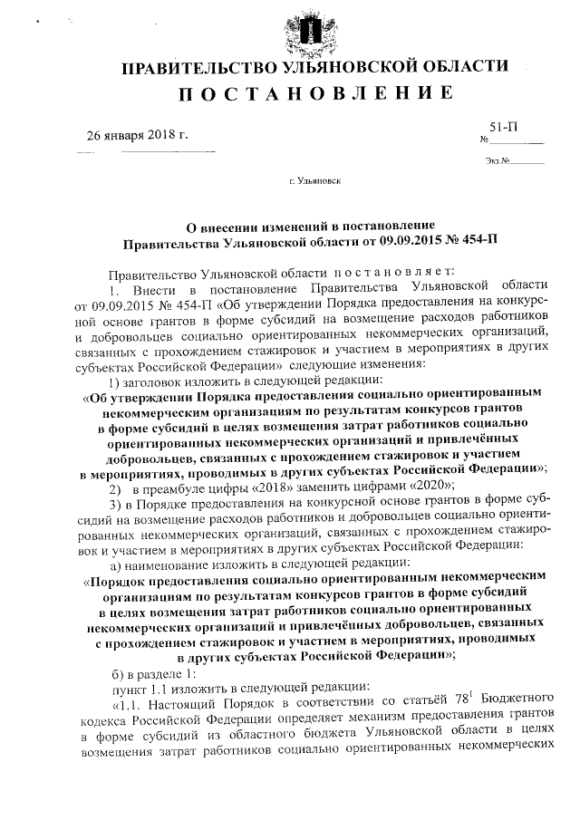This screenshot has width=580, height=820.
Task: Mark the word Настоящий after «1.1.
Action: (179, 715)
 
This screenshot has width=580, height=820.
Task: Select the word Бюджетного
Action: (507, 715)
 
